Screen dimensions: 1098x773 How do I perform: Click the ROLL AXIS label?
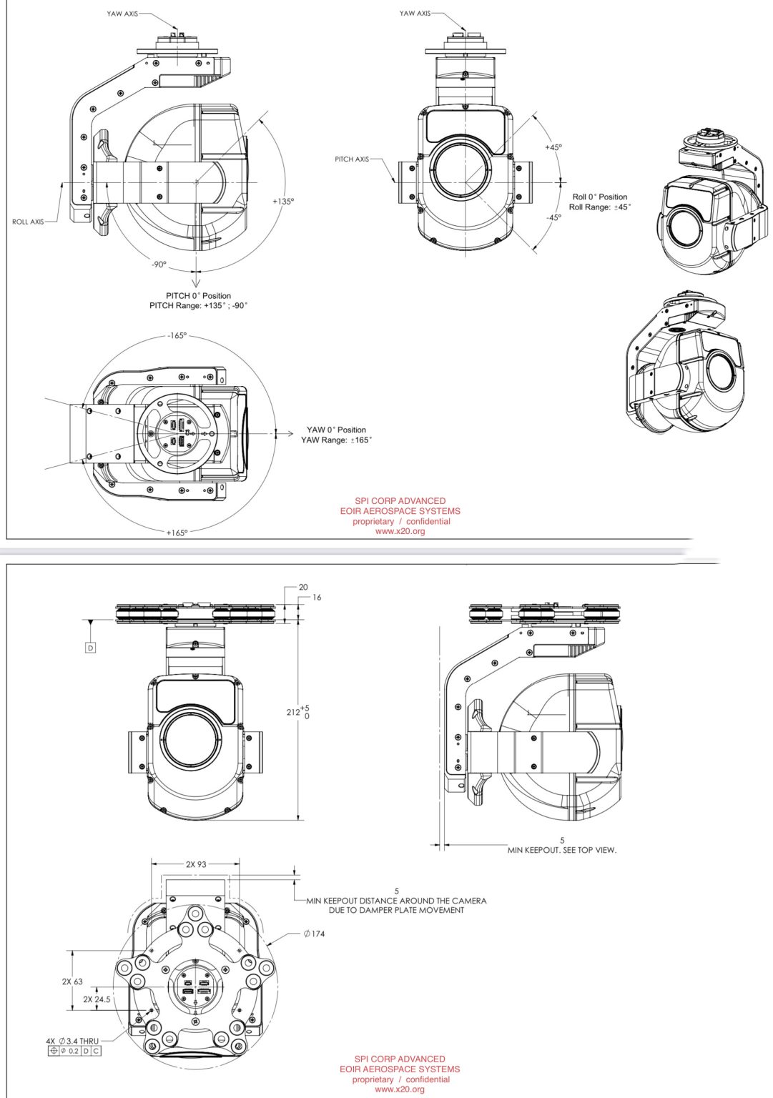click(28, 222)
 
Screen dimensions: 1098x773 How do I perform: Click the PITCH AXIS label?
click(352, 159)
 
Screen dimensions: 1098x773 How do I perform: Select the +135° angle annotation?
click(283, 202)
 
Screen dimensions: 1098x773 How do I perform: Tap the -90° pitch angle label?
click(159, 264)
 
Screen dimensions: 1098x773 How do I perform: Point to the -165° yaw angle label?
click(177, 335)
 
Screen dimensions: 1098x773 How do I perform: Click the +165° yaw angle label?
click(177, 533)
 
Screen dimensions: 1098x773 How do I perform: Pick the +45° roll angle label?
click(553, 147)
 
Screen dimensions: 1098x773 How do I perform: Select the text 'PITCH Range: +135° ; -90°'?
click(198, 306)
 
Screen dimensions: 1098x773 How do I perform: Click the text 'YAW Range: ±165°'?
click(336, 440)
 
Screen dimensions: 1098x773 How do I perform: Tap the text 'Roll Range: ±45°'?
click(600, 207)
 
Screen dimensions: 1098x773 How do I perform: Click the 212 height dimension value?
click(292, 712)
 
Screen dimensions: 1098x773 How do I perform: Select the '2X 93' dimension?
click(196, 864)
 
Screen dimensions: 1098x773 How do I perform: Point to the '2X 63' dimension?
click(72, 981)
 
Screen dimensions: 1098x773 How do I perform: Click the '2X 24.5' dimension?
click(97, 999)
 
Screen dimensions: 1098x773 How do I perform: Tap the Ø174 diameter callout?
click(313, 934)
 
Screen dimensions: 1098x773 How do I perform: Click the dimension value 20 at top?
click(303, 587)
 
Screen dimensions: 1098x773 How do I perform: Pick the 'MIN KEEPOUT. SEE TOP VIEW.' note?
click(561, 850)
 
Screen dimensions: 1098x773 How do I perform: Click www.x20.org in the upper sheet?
click(400, 531)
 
